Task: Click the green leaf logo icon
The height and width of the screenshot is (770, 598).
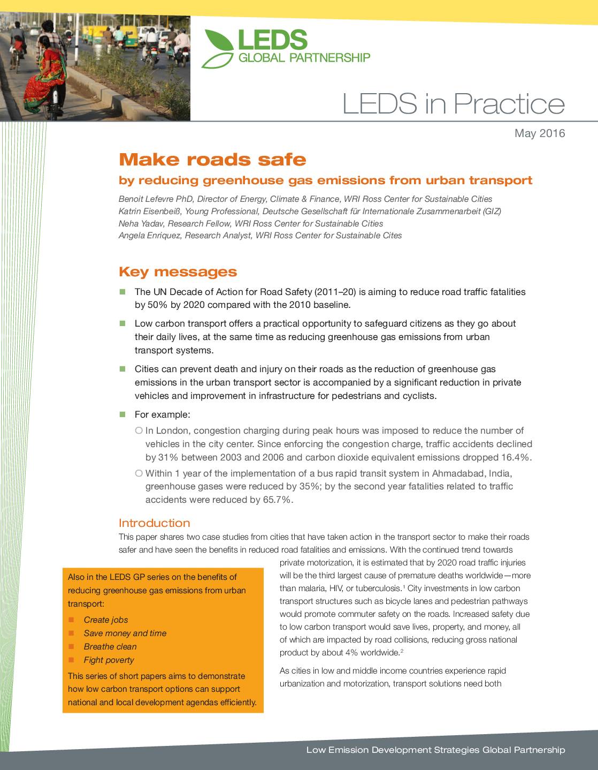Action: (x=218, y=49)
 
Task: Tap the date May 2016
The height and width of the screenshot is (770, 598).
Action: (x=539, y=133)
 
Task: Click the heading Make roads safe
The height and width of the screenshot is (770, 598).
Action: (x=212, y=160)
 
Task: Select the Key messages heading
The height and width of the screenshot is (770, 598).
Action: (x=178, y=272)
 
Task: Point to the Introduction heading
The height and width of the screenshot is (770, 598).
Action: (x=154, y=523)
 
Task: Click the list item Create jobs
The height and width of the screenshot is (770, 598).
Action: (x=106, y=620)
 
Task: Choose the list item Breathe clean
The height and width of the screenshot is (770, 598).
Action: (x=110, y=647)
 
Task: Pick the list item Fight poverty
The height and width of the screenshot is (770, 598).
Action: (x=109, y=660)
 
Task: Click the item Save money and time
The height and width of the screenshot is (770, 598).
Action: (x=125, y=633)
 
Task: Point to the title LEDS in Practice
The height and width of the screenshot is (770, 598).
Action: (x=453, y=104)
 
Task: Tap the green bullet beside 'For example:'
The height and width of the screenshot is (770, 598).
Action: (x=122, y=414)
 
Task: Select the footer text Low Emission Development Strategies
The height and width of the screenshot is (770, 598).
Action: (x=393, y=750)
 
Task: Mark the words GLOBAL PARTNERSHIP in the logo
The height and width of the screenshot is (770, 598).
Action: (x=304, y=58)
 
